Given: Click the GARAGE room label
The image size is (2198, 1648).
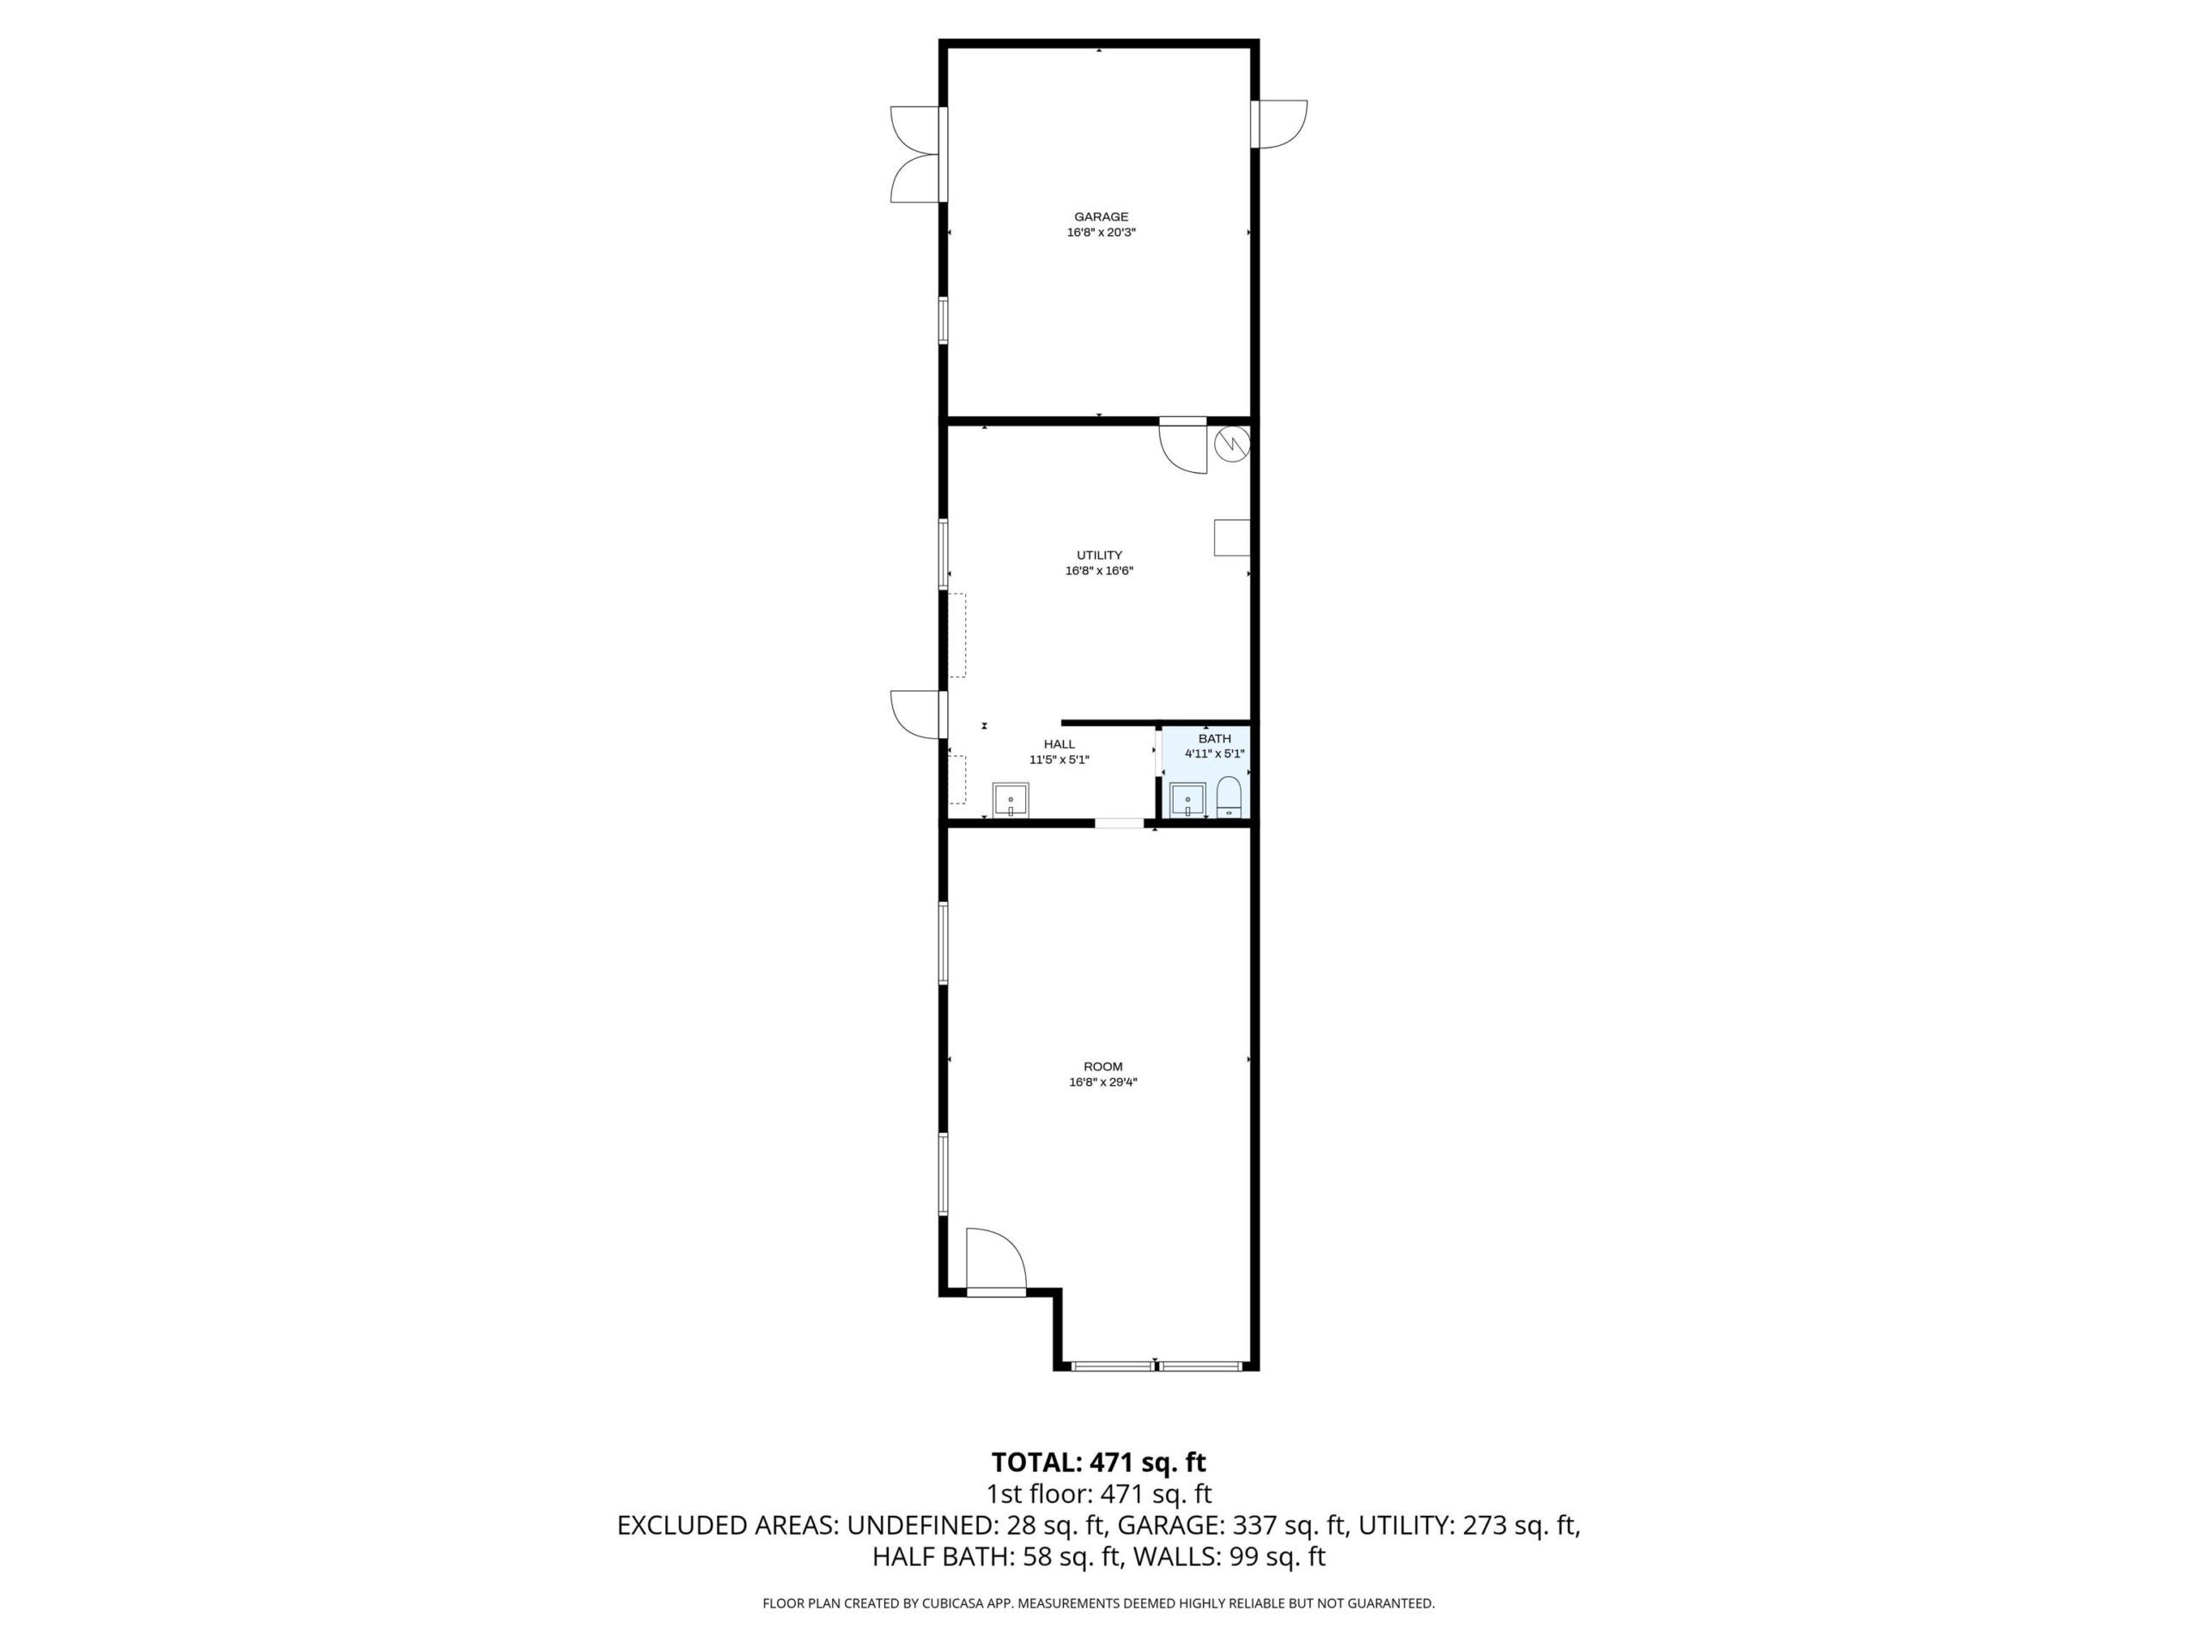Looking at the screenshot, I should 1100,216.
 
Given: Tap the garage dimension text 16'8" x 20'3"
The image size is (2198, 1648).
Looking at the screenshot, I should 1100,233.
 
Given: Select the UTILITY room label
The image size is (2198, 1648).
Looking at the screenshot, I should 1099,555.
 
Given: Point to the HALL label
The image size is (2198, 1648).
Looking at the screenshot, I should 1059,744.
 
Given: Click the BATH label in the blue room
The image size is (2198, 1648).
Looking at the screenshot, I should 1214,738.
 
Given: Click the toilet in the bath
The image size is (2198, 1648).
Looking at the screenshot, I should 1230,797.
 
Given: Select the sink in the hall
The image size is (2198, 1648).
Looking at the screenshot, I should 1011,800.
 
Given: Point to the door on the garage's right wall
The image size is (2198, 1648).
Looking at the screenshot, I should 1282,124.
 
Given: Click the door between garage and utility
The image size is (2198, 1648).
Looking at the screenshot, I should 1182,448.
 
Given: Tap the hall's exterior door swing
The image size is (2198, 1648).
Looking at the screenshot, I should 914,714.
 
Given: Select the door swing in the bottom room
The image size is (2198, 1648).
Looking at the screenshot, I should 996,1259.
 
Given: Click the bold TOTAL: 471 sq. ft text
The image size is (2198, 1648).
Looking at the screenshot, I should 1098,1463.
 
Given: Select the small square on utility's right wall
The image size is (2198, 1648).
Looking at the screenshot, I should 1231,537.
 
